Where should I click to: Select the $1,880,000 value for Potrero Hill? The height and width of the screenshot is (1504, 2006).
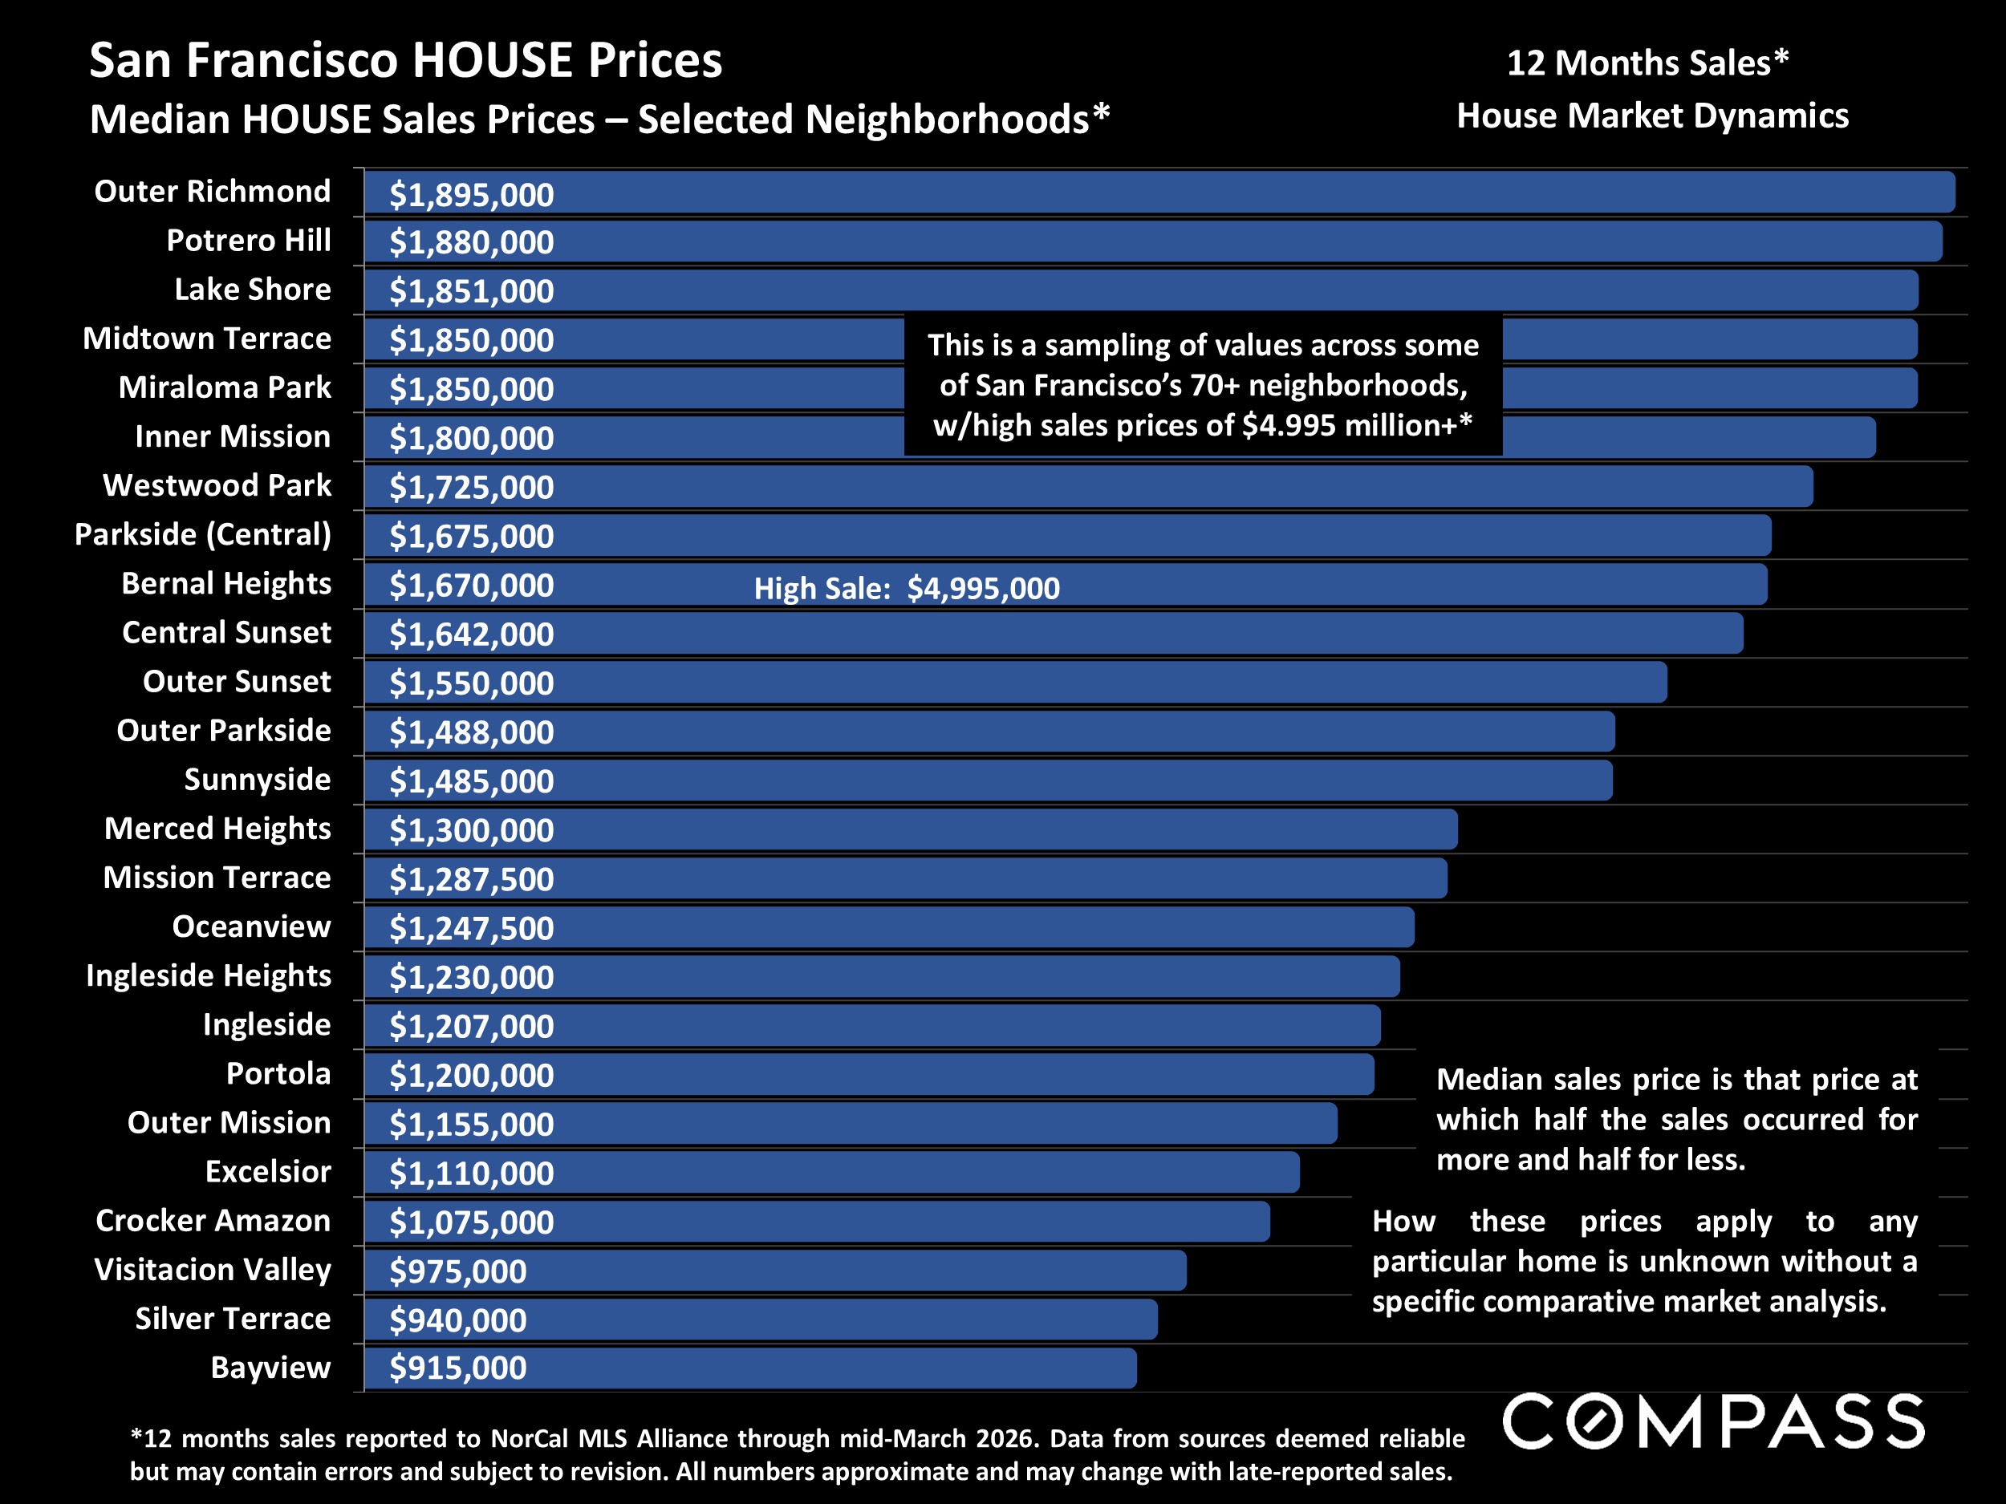(x=471, y=242)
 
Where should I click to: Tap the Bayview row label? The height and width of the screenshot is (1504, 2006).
(x=270, y=1367)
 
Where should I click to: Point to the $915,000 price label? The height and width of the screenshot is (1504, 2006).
(x=457, y=1368)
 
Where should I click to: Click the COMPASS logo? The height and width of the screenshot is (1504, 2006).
(x=1713, y=1421)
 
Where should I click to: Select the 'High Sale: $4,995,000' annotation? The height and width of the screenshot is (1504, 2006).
(x=906, y=588)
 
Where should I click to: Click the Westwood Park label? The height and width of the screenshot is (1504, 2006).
(x=217, y=485)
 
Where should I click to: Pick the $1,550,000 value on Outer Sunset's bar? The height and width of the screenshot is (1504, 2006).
(x=471, y=683)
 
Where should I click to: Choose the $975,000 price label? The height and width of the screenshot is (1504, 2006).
(x=457, y=1271)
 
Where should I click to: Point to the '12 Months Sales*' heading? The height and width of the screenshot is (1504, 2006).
(x=1647, y=63)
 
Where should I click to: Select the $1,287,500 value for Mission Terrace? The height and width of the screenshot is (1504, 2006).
(x=471, y=879)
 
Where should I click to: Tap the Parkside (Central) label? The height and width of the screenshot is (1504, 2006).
(x=202, y=534)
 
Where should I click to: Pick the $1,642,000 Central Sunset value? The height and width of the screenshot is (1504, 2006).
(x=471, y=634)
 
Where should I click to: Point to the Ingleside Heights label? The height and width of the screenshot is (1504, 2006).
(x=208, y=975)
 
